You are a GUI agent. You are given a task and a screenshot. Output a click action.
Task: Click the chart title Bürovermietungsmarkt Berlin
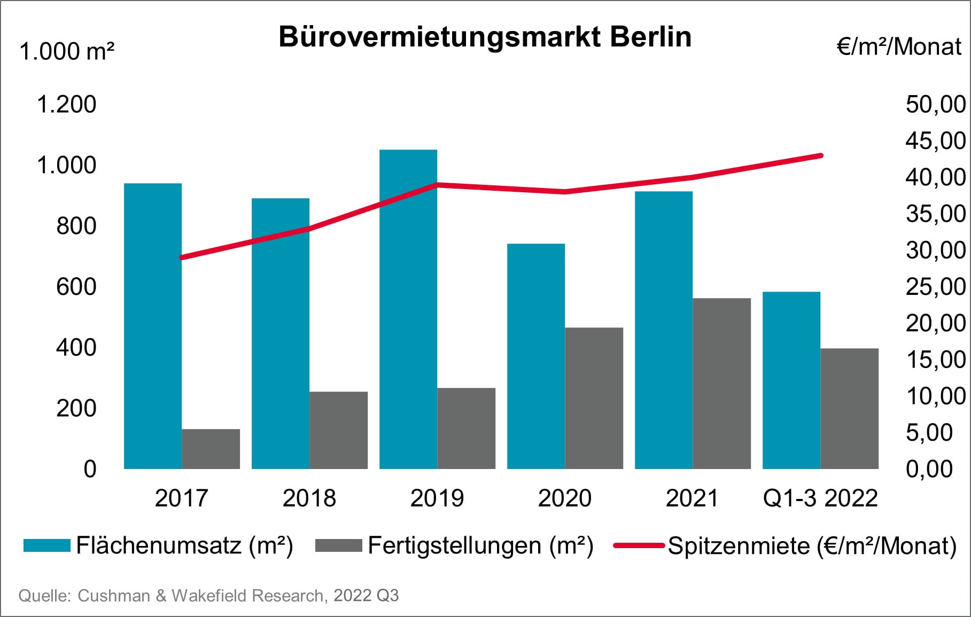pyautogui.click(x=485, y=37)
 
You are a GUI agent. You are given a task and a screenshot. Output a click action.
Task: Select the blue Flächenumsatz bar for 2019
pyautogui.click(x=408, y=310)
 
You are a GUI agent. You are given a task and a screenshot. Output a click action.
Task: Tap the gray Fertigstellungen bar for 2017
pyautogui.click(x=211, y=449)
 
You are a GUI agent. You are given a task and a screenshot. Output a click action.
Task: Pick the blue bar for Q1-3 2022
pyautogui.click(x=791, y=380)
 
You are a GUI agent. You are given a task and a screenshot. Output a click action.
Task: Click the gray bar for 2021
pyautogui.click(x=721, y=384)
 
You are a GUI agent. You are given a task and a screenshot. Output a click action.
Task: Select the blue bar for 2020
pyautogui.click(x=536, y=356)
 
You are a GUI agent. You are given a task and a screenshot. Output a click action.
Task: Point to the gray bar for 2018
pyautogui.click(x=338, y=430)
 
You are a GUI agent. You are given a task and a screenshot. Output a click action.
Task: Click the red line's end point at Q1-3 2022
pyautogui.click(x=821, y=155)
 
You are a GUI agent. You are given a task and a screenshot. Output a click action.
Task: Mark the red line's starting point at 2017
pyautogui.click(x=182, y=257)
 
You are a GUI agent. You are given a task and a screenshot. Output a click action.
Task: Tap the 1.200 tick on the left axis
pyautogui.click(x=66, y=104)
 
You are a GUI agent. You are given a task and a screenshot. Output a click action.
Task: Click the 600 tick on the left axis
pyautogui.click(x=76, y=287)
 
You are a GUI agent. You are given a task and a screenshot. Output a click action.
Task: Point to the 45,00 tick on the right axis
pyautogui.click(x=935, y=141)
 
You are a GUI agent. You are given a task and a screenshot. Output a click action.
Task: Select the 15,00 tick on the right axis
pyautogui.click(x=935, y=360)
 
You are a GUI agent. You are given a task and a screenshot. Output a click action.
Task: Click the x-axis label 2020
pyautogui.click(x=564, y=498)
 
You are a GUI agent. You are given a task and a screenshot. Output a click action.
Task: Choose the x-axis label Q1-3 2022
pyautogui.click(x=820, y=498)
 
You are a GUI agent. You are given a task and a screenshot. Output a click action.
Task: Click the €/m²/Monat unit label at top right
pyautogui.click(x=899, y=47)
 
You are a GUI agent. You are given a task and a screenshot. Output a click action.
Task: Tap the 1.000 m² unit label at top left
pyautogui.click(x=67, y=52)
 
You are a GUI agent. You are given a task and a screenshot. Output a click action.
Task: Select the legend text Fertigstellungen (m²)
pyautogui.click(x=480, y=545)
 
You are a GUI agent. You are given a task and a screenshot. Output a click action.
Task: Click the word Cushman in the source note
pyautogui.click(x=114, y=596)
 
